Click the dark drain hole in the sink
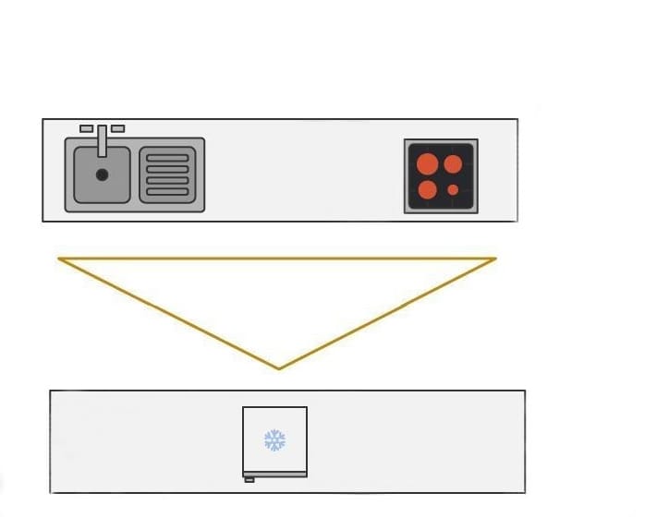[102, 174]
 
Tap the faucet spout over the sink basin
[102, 143]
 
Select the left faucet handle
[86, 129]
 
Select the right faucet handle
[117, 129]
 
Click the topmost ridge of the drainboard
[167, 158]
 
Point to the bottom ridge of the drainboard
[167, 194]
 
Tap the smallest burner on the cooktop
[453, 190]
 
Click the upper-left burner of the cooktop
[427, 164]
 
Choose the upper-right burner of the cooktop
[453, 164]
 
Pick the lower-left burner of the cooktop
[427, 190]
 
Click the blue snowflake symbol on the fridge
[274, 439]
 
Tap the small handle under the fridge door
[249, 479]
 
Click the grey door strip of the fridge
[274, 474]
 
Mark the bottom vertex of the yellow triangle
[279, 368]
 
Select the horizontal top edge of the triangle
[277, 258]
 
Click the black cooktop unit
[441, 175]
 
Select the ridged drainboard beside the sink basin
[167, 175]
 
